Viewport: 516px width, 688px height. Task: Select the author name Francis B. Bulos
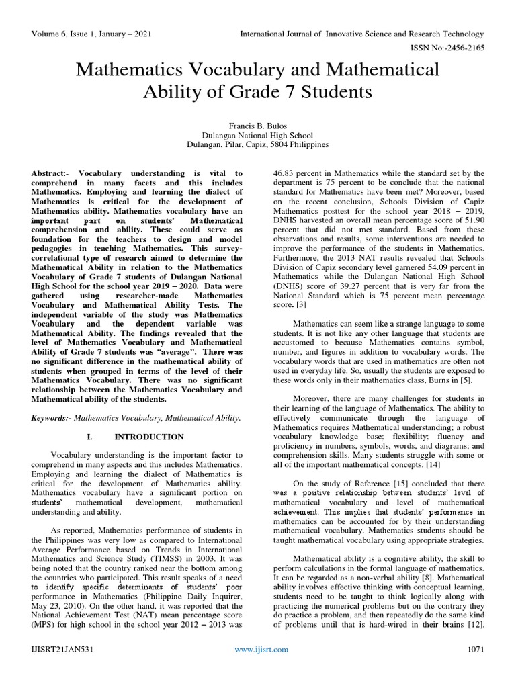tap(258, 124)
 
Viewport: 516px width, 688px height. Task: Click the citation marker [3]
tap(300, 286)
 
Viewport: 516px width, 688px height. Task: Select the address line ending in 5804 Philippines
tap(258, 144)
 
